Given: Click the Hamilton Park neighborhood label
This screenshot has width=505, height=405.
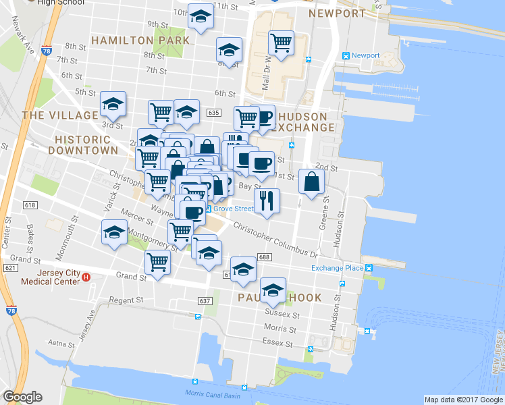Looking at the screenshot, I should (x=140, y=40).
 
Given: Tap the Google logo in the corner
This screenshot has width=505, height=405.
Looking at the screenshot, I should (x=22, y=397).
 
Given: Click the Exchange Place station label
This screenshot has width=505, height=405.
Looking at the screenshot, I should (x=337, y=268).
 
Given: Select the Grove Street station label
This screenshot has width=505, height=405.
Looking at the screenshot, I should (x=234, y=209).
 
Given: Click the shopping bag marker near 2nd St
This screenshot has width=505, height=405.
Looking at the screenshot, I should (x=311, y=181).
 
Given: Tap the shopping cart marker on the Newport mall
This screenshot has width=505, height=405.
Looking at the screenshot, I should (x=281, y=43).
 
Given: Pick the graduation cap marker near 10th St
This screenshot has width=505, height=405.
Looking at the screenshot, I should (x=201, y=18).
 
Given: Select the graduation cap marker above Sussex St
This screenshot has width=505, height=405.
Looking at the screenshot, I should (x=273, y=290).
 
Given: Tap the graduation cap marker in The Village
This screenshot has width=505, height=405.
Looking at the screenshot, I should (x=113, y=103).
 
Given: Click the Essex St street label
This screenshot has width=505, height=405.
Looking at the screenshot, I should (x=277, y=343).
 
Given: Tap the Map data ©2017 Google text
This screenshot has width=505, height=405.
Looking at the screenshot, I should (x=463, y=400).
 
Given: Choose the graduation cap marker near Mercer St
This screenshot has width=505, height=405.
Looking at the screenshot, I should (x=114, y=232).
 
